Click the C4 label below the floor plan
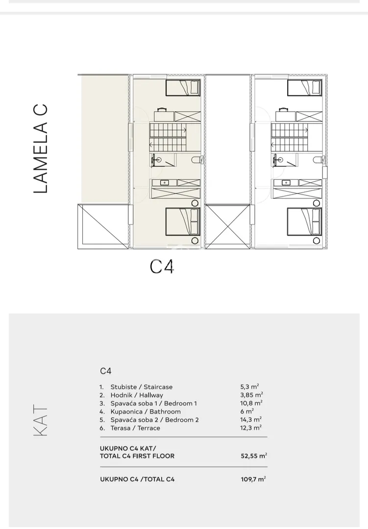[162, 266]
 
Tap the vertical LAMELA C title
[41, 148]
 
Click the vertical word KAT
[41, 421]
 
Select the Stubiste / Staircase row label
[141, 387]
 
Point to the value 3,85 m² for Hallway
[251, 395]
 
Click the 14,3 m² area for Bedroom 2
[251, 419]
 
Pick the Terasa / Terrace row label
[135, 428]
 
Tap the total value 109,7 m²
[253, 479]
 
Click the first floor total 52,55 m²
[254, 456]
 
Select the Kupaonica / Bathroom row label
[145, 411]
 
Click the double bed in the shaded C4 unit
[183, 222]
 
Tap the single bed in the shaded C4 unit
[183, 88]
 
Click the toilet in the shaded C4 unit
[196, 159]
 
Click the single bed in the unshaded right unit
[304, 88]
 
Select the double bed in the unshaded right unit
[304, 222]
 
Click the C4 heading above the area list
[106, 371]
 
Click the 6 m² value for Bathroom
[247, 411]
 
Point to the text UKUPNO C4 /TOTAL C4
[137, 479]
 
